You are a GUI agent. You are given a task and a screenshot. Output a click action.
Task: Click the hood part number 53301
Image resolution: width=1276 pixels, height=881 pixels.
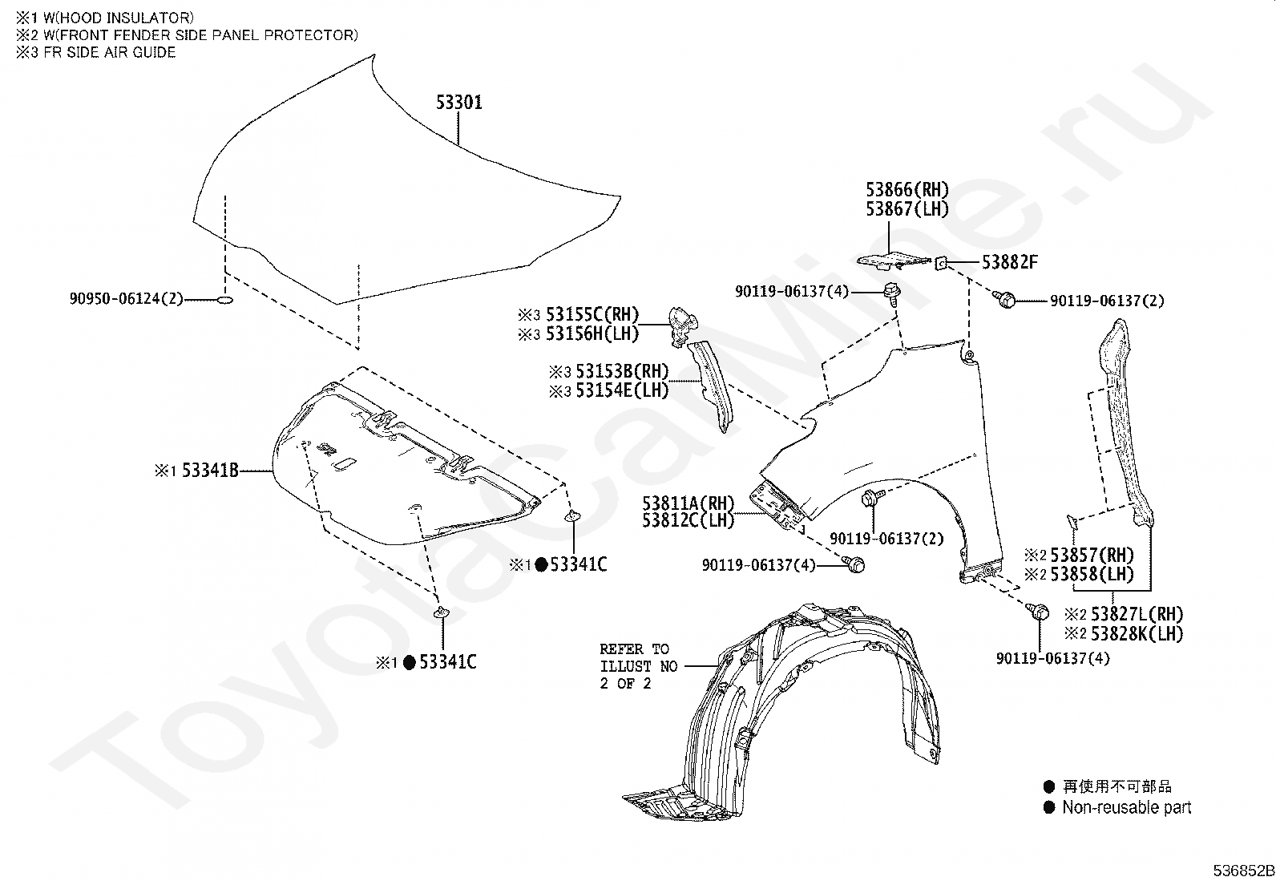(459, 103)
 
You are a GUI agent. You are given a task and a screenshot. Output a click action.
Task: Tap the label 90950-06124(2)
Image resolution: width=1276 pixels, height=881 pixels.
(127, 299)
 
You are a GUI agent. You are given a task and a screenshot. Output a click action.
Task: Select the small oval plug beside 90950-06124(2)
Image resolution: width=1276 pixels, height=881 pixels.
(225, 300)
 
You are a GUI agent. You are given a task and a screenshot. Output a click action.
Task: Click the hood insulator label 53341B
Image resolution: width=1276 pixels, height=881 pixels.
(210, 471)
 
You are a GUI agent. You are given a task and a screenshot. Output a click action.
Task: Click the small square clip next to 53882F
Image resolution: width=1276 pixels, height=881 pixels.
(943, 261)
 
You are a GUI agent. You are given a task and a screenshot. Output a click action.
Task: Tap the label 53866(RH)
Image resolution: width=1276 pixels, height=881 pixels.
(907, 190)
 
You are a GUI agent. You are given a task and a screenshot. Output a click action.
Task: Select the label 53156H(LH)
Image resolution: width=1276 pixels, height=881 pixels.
(592, 333)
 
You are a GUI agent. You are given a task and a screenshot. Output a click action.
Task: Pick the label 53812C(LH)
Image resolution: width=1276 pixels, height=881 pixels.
(688, 520)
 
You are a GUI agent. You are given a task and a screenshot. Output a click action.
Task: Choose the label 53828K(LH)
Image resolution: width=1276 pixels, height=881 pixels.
(1136, 632)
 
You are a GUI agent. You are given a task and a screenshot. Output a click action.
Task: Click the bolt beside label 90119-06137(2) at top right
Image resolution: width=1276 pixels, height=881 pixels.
(1004, 300)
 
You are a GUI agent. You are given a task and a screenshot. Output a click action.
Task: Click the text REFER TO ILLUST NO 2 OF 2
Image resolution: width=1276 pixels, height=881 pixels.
(638, 666)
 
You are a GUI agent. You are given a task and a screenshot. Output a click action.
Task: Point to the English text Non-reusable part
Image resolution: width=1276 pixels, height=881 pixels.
(1126, 808)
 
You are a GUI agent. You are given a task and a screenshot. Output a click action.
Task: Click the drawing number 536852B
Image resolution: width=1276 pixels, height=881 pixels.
(1242, 871)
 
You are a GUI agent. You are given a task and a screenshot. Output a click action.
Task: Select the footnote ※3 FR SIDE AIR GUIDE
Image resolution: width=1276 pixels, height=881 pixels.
(95, 52)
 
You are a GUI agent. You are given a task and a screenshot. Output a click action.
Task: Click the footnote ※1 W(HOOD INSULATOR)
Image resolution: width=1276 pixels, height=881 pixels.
(104, 17)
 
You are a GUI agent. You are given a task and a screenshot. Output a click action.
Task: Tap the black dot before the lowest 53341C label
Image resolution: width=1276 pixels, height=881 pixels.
(409, 662)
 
